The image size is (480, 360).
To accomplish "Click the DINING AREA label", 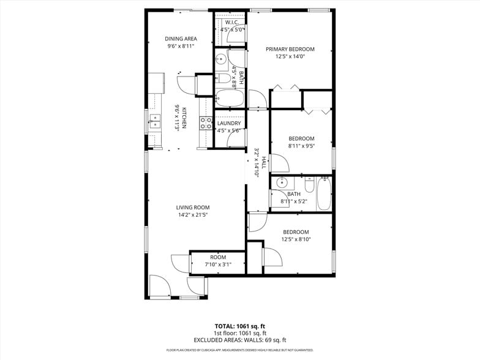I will pos(180,39).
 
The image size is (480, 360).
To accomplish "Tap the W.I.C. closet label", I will pos(231,22).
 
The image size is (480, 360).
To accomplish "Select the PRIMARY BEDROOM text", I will pos(290,49).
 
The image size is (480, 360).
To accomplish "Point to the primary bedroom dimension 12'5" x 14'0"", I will pos(290,56).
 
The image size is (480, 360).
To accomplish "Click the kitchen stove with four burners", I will pos(205,123).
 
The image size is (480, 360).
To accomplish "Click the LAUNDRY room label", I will pos(230,123).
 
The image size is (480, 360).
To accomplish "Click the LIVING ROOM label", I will pos(193,208).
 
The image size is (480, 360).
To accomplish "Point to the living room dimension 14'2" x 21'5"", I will pos(193,215).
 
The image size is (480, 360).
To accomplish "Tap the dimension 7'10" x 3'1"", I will pos(218,264).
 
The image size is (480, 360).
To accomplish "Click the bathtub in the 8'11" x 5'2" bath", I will pos(323,193).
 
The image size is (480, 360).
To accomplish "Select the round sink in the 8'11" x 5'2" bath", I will pos(282,182).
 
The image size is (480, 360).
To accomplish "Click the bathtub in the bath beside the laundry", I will pos(230,98).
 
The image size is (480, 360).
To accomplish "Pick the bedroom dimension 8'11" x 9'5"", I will pos(301,146).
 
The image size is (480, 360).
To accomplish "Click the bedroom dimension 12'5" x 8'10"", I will pos(296,239).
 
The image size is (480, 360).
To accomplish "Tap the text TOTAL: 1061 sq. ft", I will pos(239,326).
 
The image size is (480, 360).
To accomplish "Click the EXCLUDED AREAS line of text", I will pos(239,340).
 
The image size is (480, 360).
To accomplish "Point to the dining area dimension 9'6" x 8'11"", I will pos(180,46).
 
